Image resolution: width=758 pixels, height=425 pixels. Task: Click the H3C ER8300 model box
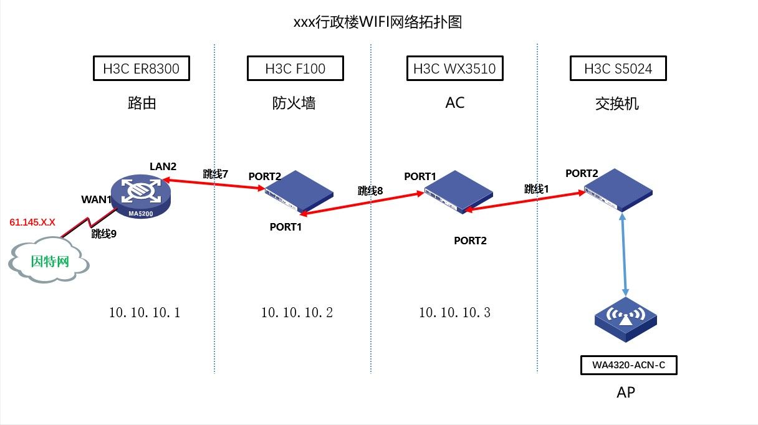click(141, 69)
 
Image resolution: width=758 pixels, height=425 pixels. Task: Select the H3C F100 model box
click(295, 69)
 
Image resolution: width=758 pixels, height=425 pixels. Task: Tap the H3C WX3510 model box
click(454, 69)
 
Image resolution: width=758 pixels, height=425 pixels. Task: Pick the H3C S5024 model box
click(618, 69)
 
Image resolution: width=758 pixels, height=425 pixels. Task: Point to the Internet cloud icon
click(49, 260)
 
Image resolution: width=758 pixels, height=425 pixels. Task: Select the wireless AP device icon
click(625, 318)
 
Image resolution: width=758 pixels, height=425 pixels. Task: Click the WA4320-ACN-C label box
click(628, 365)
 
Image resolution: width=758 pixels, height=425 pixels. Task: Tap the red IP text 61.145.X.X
click(32, 222)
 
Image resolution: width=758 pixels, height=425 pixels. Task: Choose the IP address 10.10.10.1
click(144, 313)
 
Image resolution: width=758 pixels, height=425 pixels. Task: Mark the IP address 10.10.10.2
click(297, 313)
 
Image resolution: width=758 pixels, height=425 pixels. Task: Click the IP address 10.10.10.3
click(454, 313)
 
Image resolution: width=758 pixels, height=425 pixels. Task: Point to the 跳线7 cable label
click(216, 174)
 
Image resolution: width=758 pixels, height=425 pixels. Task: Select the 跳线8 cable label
click(370, 191)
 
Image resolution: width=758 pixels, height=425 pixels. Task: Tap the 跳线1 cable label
click(537, 188)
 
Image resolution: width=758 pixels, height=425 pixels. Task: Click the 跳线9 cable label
click(104, 234)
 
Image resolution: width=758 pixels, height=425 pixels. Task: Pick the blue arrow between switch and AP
click(624, 252)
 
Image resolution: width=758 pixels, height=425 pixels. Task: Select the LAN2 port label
click(163, 166)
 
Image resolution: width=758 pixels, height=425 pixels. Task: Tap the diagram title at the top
click(378, 22)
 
